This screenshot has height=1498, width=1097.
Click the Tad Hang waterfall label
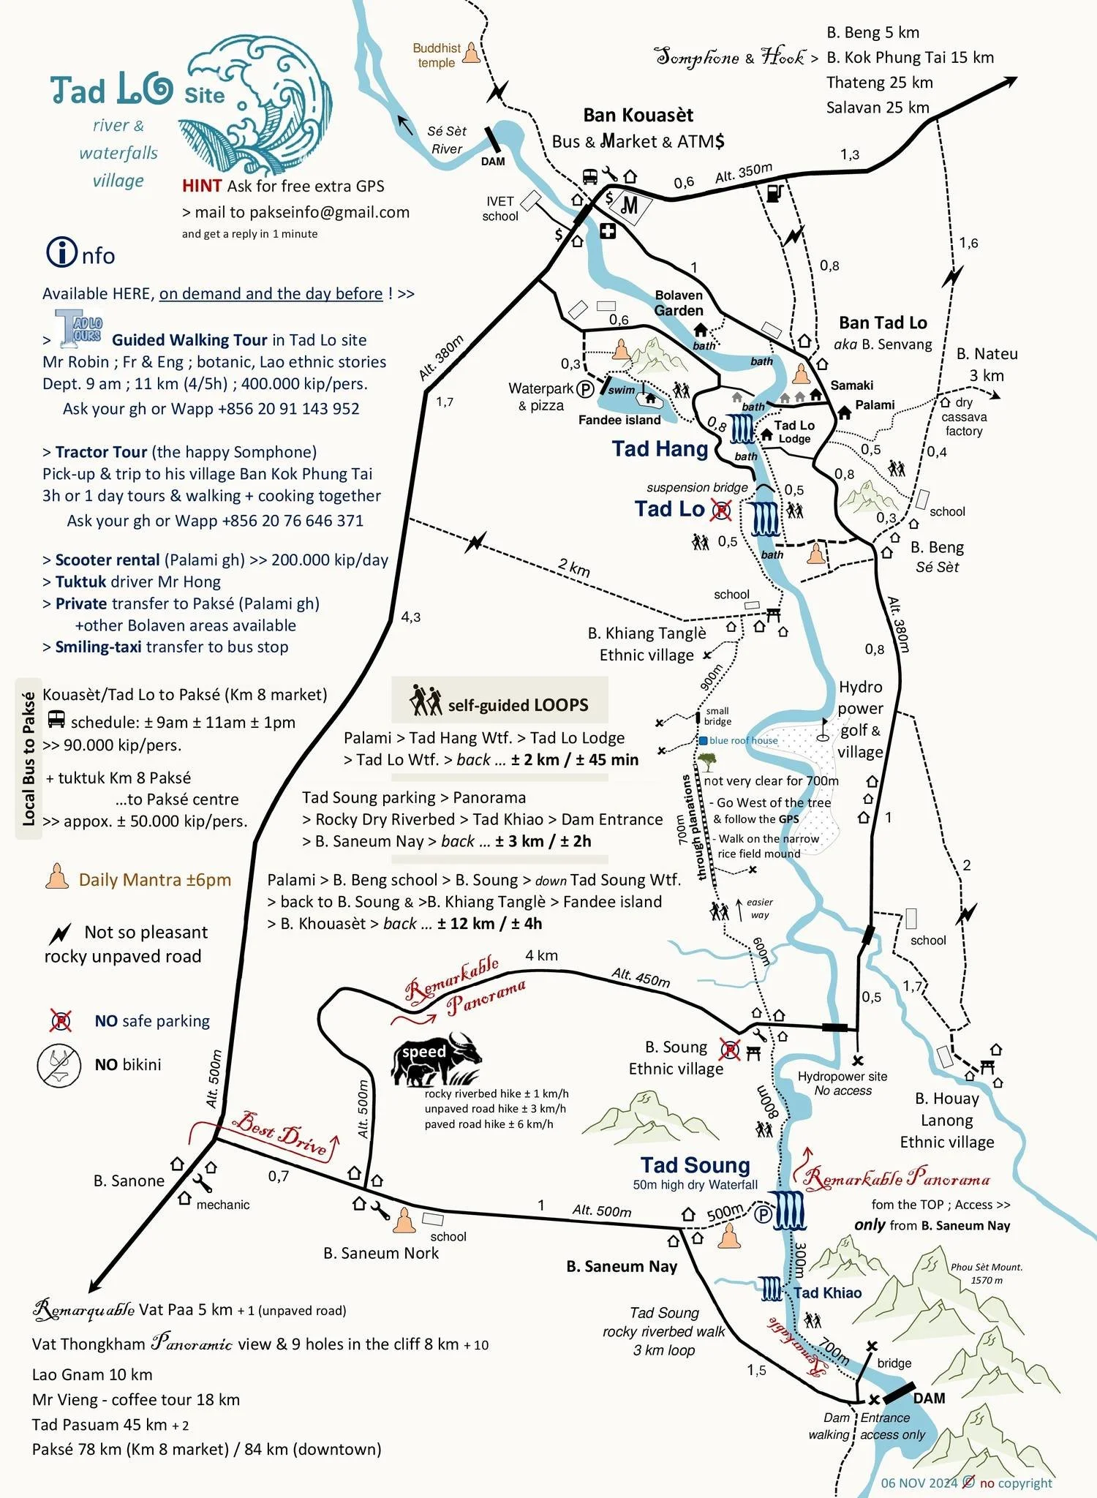point(660,448)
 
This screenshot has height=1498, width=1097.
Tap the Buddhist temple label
point(437,55)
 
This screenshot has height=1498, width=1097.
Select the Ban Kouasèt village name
point(638,115)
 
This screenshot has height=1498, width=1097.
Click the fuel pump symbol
point(774,192)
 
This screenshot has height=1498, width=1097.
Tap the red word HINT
point(202,186)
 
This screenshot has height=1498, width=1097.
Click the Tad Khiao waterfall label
point(827,1292)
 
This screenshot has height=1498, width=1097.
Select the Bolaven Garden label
point(679,303)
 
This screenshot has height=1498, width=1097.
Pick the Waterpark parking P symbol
point(585,389)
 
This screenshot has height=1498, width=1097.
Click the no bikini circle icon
point(59,1065)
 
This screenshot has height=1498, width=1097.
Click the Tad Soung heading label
point(695,1164)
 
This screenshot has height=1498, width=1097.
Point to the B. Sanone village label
point(129,1181)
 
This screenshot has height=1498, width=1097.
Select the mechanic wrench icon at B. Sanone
point(203,1183)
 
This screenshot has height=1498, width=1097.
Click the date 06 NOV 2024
point(919,1483)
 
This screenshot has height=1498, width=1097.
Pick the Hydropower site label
point(842,1076)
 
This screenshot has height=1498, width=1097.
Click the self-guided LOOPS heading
point(518,704)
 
